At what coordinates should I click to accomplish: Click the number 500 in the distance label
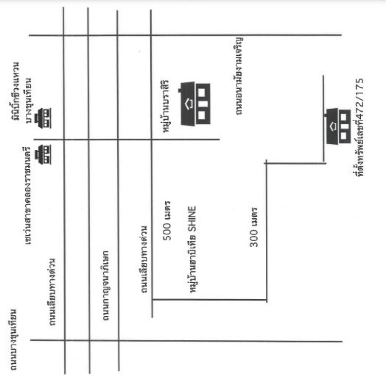[x=166, y=238]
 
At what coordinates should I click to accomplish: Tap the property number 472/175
[x=360, y=102]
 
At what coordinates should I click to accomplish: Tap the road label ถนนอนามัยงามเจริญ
[x=239, y=75]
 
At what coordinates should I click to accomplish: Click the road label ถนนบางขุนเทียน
[x=13, y=339]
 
